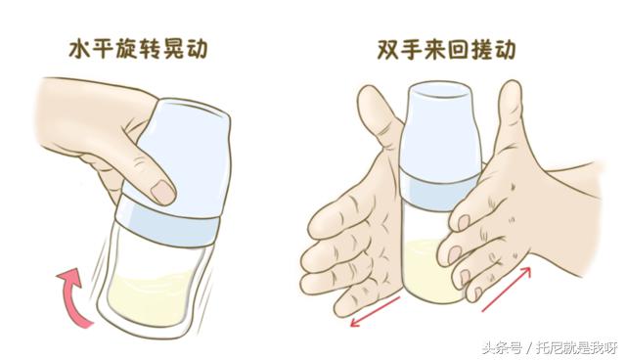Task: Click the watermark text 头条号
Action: click(x=511, y=345)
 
